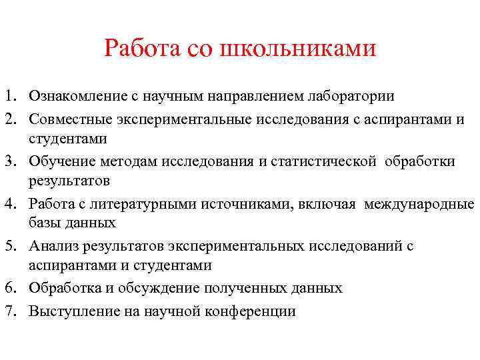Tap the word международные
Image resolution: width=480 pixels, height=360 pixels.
pyautogui.click(x=419, y=204)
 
